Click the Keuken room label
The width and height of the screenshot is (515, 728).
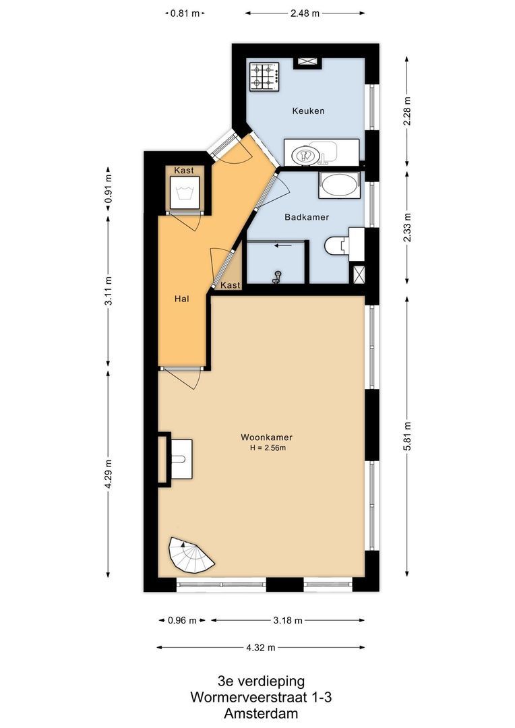(308, 111)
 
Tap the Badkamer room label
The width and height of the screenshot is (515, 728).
(307, 217)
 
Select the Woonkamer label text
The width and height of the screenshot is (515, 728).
(266, 437)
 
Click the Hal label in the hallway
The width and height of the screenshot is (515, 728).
(181, 299)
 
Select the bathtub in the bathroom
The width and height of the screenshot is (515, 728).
(339, 186)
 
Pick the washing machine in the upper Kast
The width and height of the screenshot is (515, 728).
(184, 192)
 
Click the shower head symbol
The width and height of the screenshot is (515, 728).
(277, 277)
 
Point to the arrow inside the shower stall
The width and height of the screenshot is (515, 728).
(283, 245)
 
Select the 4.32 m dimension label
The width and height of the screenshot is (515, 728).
(261, 648)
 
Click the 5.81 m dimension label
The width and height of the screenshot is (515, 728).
(407, 436)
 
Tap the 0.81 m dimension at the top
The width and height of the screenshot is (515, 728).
(185, 13)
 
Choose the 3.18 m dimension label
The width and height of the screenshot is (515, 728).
(288, 620)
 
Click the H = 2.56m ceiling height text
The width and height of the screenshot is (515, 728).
(268, 448)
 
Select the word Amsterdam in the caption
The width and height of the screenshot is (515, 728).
(261, 713)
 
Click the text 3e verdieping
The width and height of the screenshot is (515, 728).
(262, 681)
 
